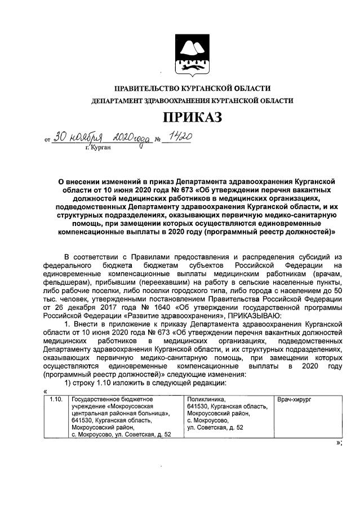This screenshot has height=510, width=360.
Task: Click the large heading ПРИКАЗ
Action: [x=192, y=117]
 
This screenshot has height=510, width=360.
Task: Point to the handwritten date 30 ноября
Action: [x=77, y=137]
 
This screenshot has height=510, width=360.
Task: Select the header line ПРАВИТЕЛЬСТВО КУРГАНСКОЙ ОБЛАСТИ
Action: [x=192, y=88]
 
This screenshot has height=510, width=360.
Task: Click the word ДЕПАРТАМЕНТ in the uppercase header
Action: [x=116, y=100]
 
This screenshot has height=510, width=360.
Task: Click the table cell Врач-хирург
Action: [x=294, y=399]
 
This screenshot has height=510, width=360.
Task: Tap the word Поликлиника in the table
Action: [x=206, y=399]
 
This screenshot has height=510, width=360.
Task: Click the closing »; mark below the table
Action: [x=339, y=442]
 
